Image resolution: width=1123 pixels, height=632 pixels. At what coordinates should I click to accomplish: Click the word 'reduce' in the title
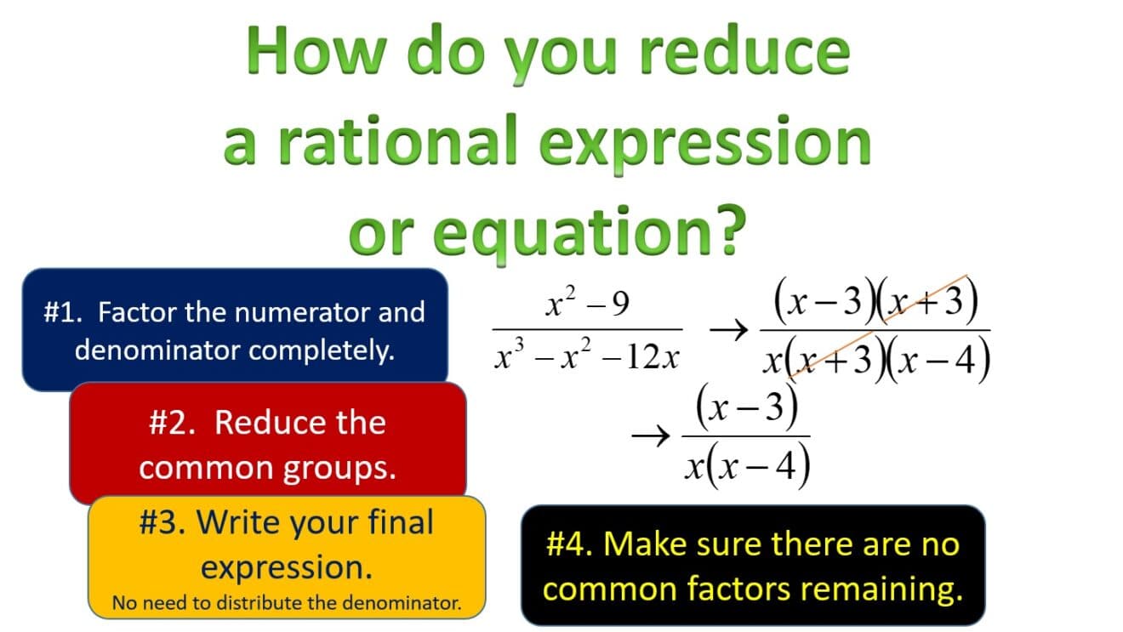point(744,51)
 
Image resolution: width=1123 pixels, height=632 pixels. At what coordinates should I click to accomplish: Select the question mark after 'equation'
point(721,231)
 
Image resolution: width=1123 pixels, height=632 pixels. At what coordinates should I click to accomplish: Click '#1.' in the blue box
point(66,312)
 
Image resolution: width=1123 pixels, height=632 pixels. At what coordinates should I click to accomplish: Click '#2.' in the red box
point(174,423)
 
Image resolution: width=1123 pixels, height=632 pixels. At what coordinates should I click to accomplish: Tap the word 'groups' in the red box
point(344,468)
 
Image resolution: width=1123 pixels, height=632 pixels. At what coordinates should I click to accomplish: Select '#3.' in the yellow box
point(162,522)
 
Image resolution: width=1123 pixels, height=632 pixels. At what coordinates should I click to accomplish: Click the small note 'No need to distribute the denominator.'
point(287,604)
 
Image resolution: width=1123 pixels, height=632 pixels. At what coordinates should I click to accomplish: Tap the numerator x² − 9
point(587,303)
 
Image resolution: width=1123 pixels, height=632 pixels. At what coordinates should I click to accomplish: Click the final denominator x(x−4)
point(746,466)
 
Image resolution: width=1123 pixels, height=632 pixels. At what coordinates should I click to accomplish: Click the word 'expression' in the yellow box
point(287,567)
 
